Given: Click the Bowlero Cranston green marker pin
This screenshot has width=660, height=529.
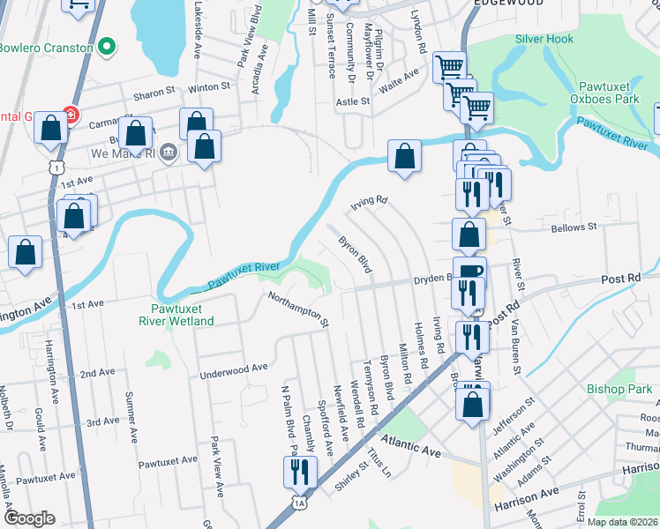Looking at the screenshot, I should pos(108,46).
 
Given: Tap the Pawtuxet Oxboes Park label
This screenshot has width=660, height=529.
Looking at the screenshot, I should pos(609,93).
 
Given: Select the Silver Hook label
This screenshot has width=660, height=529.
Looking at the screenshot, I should pos(544,40).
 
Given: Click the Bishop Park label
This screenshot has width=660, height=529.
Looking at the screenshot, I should pos(619,389).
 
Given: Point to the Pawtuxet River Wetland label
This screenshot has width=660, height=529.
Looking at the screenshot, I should pos(176,316).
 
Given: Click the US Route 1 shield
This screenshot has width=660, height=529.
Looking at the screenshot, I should pos(57,167).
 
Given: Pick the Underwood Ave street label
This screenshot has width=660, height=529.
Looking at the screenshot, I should pos(234,369).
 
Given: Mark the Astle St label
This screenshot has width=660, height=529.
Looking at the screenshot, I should pos(353,101).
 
